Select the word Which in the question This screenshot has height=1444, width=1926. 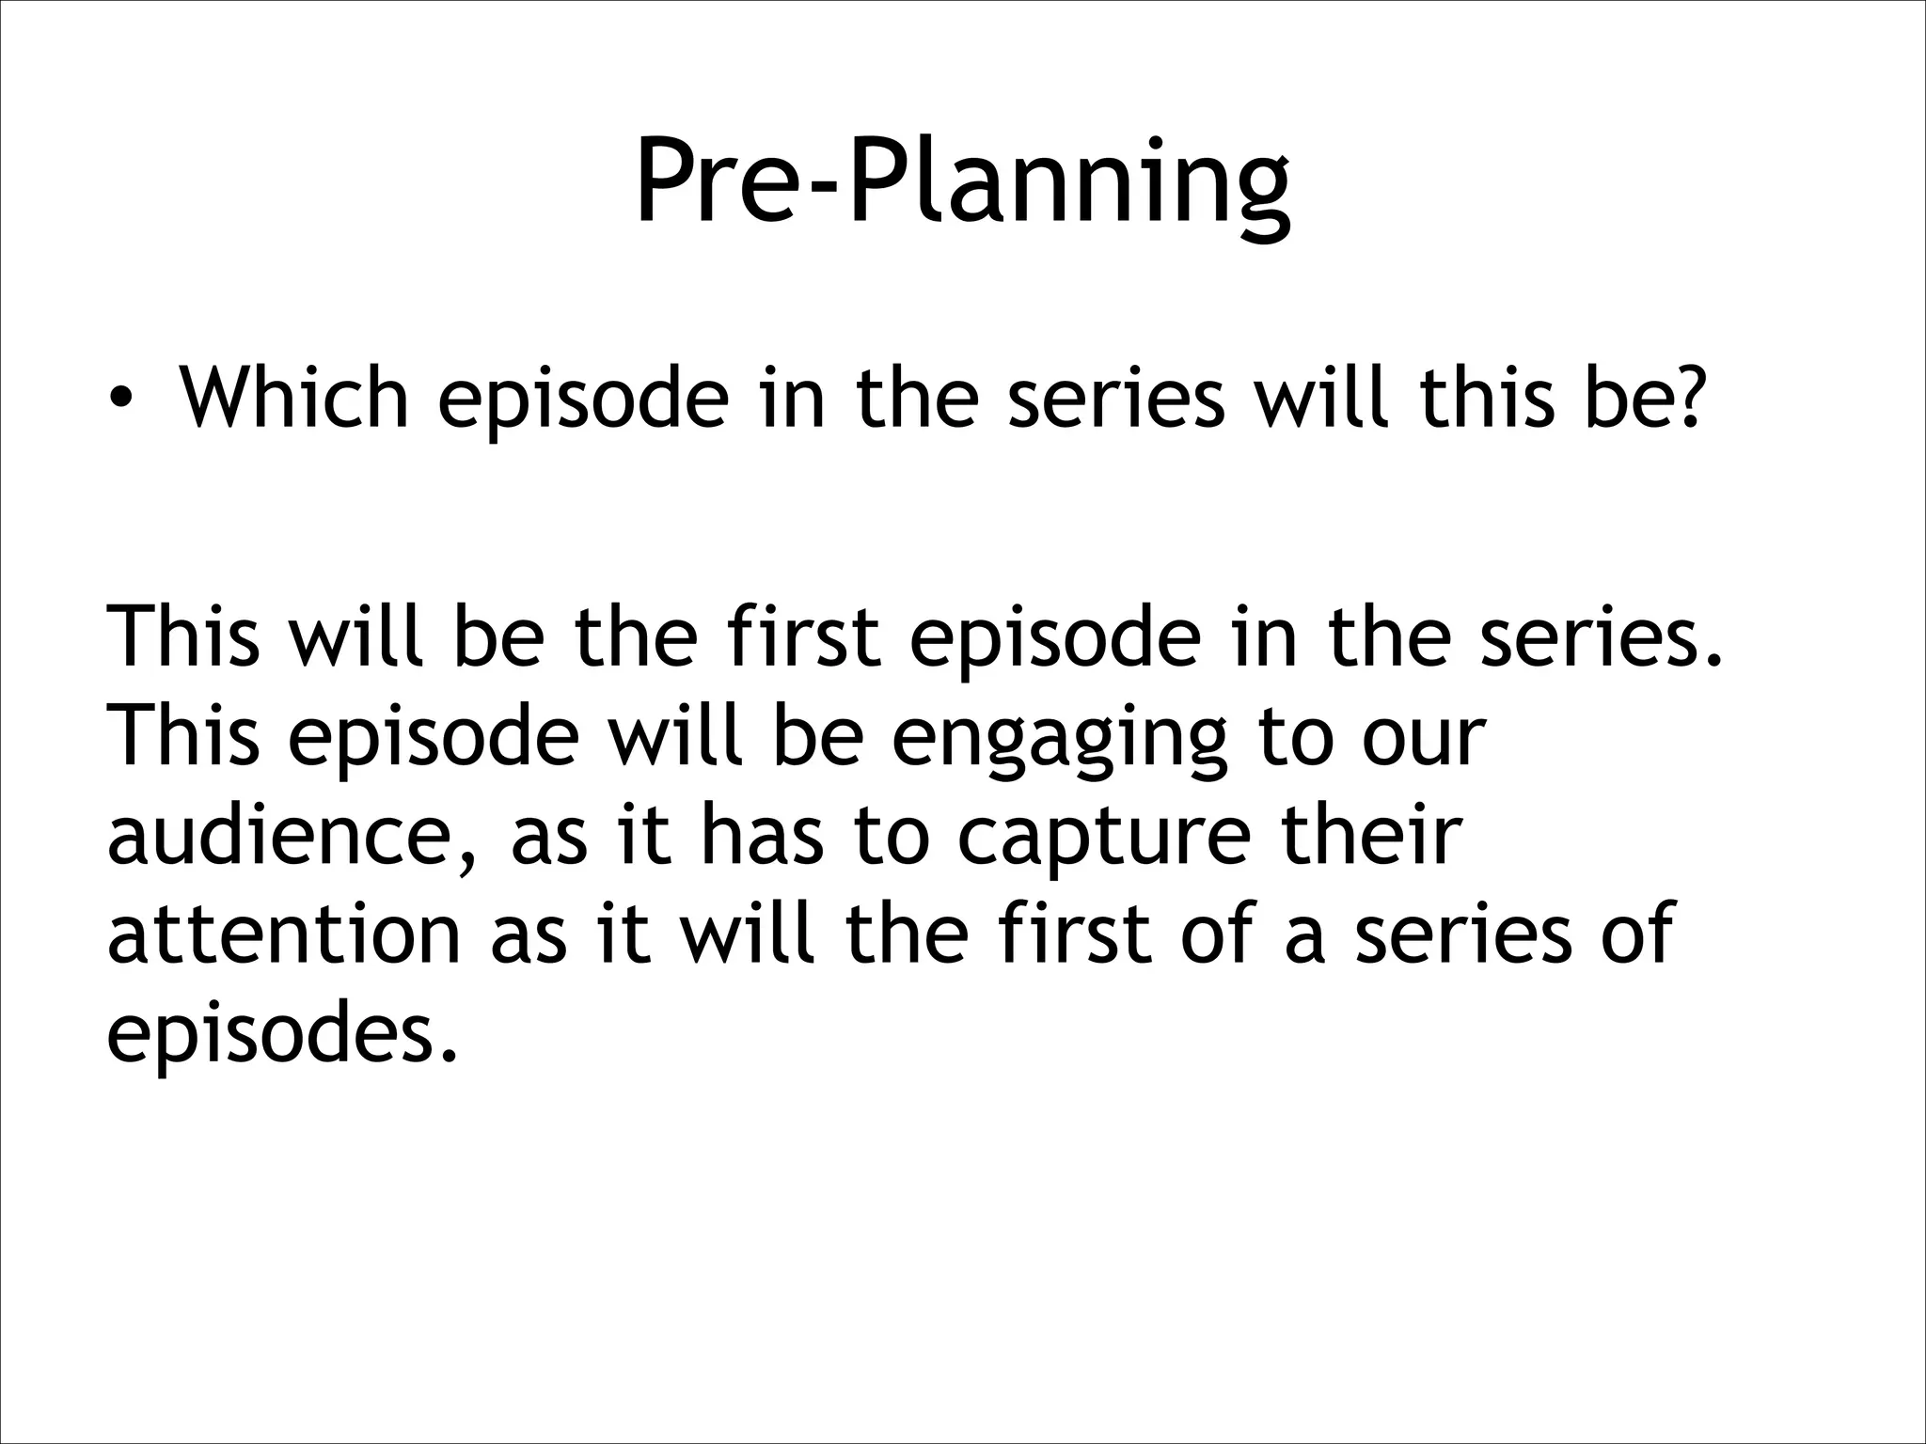tap(293, 396)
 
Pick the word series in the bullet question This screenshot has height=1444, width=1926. tap(1115, 396)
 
